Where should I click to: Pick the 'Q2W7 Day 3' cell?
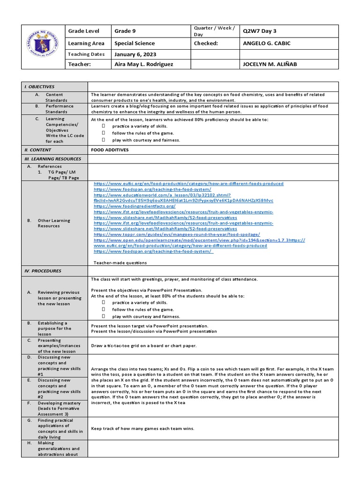[x=260, y=31]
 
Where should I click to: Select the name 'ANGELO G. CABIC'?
[x=267, y=43]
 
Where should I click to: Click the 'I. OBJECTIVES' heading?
[x=40, y=87]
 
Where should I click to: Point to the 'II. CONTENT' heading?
[x=38, y=150]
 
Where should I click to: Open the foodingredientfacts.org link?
[x=135, y=206]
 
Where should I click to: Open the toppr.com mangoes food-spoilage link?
[x=177, y=234]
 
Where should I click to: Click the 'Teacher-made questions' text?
[x=120, y=262]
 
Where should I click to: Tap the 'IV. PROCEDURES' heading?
[x=43, y=271]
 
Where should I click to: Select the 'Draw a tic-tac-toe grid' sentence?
[x=143, y=345]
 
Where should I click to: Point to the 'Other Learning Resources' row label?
[x=54, y=223]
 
